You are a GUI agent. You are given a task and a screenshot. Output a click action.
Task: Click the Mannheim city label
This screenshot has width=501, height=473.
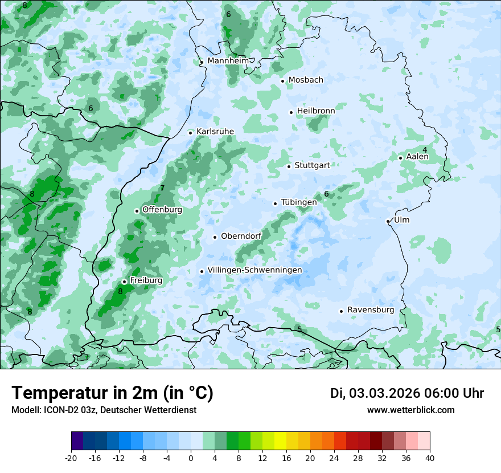228,60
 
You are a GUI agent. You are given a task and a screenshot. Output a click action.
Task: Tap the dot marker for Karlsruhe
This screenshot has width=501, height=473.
191,133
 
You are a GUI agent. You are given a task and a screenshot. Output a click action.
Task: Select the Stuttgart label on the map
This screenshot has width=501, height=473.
312,165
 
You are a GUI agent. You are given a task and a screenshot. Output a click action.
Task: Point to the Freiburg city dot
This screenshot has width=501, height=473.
124,282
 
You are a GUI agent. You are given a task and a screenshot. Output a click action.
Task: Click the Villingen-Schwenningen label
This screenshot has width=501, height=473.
254,270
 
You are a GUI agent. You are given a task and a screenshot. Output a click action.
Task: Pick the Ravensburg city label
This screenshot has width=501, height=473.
371,309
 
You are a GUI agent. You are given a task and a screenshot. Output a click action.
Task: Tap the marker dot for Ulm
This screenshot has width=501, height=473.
388,221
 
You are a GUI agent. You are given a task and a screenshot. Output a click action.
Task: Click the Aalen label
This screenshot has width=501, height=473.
417,156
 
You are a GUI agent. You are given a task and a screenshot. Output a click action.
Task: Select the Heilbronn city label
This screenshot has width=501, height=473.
316,111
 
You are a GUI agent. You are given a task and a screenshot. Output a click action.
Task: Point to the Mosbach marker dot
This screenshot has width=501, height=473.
282,81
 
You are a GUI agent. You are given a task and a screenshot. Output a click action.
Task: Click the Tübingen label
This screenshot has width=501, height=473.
299,202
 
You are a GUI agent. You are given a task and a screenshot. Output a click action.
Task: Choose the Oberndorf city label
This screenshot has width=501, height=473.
241,236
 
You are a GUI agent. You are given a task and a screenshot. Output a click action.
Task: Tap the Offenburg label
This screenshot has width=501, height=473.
162,209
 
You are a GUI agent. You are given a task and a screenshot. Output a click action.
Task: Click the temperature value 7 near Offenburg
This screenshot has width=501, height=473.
162,188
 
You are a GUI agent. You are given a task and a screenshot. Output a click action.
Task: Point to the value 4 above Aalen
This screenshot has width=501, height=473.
425,149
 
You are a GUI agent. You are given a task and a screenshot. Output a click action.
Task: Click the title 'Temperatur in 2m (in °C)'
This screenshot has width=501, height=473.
113,393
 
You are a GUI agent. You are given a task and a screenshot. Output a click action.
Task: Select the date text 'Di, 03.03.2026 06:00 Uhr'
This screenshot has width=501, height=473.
407,393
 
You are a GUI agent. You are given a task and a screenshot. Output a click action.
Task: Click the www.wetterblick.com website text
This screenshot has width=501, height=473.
411,410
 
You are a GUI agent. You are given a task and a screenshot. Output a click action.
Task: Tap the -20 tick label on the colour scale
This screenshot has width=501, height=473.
71,458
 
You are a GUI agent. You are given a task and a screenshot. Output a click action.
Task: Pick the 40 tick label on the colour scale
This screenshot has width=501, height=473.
430,458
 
